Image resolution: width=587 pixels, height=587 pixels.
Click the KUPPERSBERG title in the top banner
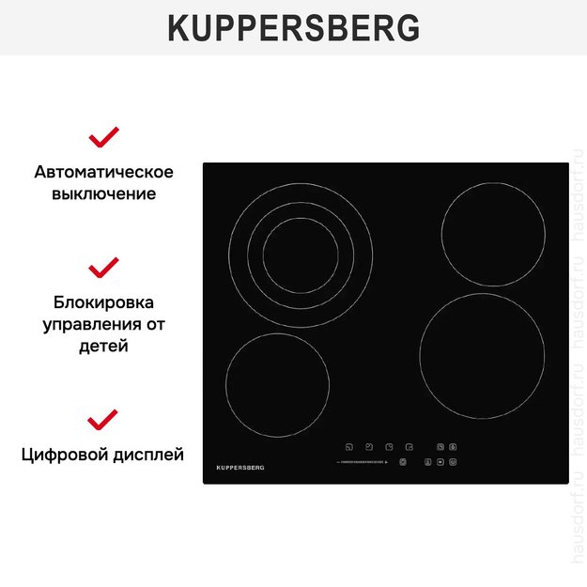tap(293, 28)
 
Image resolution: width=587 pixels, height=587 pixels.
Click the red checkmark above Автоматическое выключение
tap(103, 137)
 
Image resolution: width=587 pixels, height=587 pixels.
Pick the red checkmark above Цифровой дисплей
tap(103, 419)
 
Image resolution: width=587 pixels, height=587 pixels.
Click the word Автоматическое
tap(103, 172)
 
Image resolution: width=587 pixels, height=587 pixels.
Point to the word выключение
tap(103, 194)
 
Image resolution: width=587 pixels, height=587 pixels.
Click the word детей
tap(103, 347)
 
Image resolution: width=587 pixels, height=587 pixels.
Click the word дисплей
tap(148, 456)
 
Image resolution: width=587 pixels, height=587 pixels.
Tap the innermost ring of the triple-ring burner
tap(300, 255)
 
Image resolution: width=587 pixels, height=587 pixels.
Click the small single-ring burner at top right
tap(493, 234)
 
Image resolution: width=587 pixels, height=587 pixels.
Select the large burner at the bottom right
tap(482, 356)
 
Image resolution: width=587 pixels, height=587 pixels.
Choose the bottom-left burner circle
tap(277, 384)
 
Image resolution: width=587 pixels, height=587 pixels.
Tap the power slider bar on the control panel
tap(362, 462)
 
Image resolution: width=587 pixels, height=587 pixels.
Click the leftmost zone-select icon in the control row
tap(348, 447)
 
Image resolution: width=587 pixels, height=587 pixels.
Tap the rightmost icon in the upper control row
tap(453, 447)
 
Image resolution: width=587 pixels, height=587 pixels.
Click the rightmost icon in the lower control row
tap(453, 462)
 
